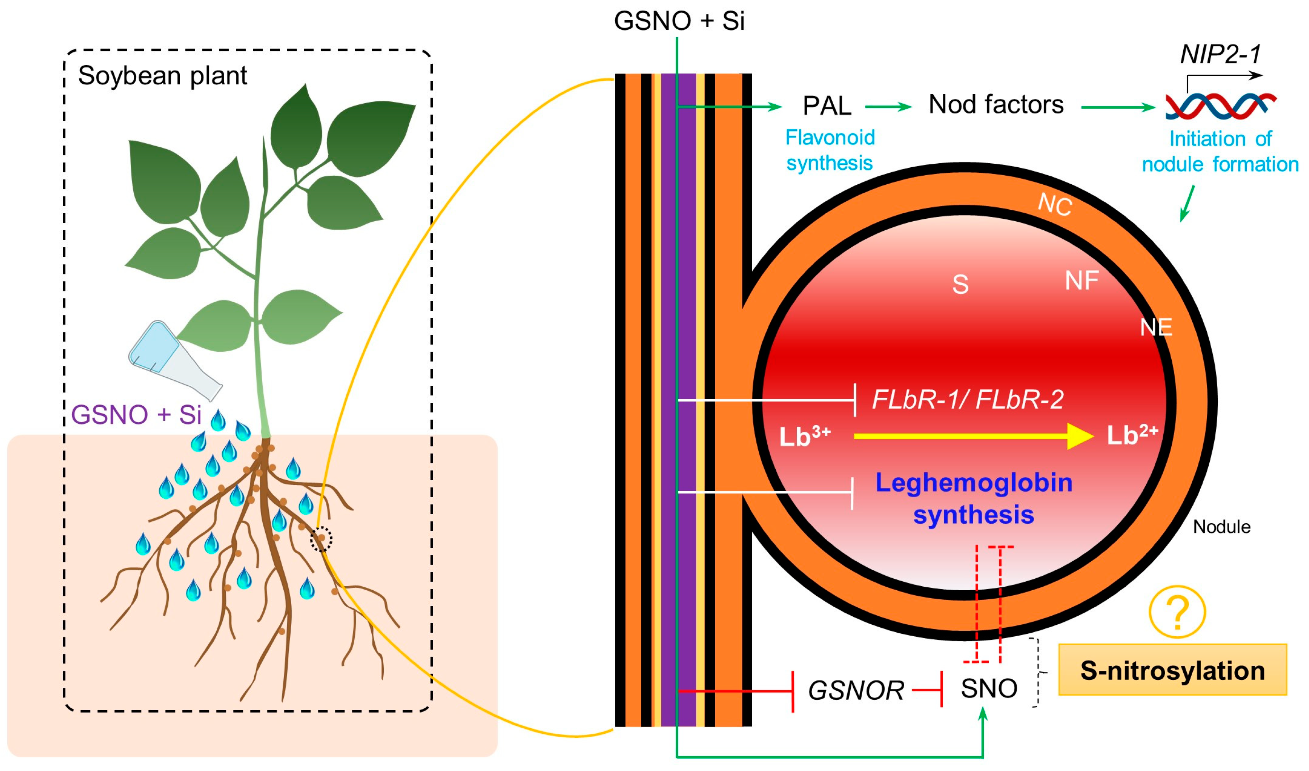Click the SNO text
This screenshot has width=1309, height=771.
988,688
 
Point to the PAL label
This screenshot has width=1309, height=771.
827,106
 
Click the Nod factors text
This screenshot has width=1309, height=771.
996,105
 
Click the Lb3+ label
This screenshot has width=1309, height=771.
804,436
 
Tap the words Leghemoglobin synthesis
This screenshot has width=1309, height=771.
973,499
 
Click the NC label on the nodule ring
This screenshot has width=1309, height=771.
1055,205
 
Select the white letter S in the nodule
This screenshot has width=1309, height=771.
960,285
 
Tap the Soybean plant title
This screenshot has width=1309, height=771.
163,76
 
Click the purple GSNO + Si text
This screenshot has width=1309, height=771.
136,415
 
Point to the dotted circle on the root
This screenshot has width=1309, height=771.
321,540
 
